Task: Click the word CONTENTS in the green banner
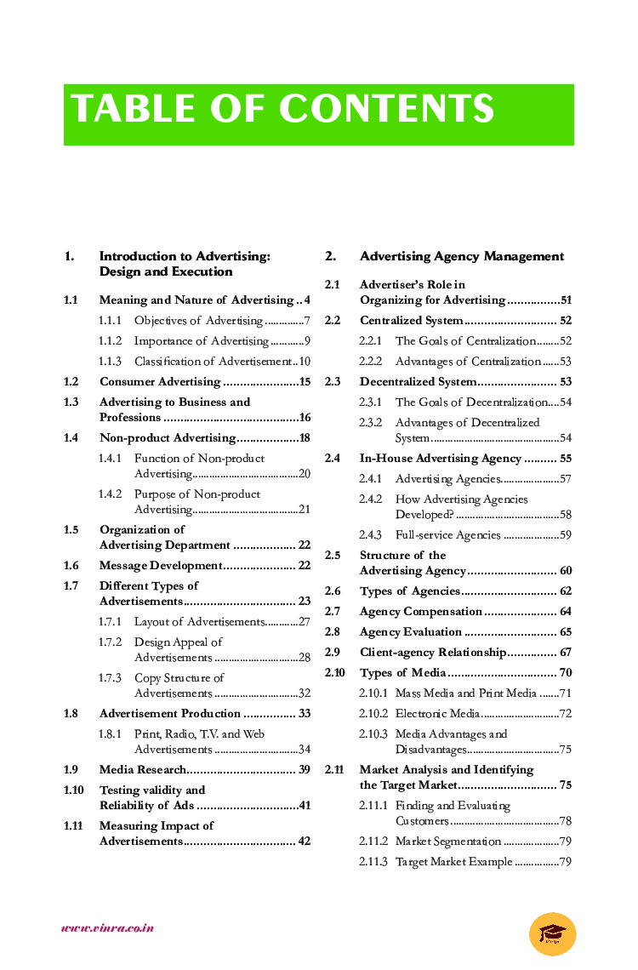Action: [x=386, y=110]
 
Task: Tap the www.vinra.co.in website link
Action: [x=107, y=928]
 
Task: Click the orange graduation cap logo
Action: [x=552, y=933]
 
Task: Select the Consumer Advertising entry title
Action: [x=160, y=382]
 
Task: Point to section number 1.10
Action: [x=74, y=790]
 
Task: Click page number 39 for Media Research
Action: [x=304, y=770]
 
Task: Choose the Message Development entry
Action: [x=161, y=566]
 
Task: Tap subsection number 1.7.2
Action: [x=110, y=642]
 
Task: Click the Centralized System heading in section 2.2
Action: [x=411, y=321]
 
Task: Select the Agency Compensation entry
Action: [x=420, y=612]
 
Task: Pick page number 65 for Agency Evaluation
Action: [x=566, y=632]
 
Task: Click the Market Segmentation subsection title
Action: [x=447, y=842]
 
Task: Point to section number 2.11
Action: [x=334, y=770]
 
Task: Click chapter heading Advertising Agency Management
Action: [x=461, y=256]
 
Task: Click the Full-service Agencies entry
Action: [x=447, y=535]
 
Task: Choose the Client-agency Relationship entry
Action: [x=432, y=653]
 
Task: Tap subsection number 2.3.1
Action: [x=370, y=402]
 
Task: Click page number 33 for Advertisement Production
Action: [x=304, y=714]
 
